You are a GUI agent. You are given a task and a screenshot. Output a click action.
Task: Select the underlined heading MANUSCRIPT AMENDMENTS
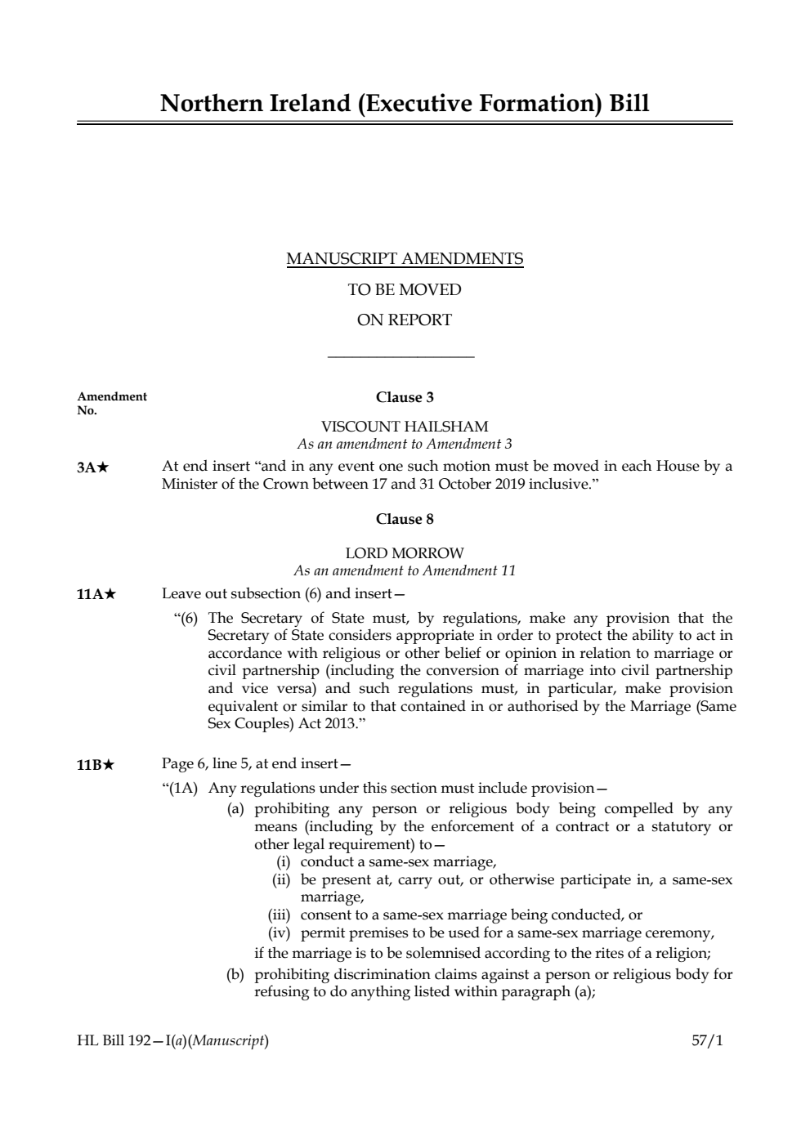pos(405,259)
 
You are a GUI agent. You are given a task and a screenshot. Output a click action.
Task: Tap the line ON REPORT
pos(405,320)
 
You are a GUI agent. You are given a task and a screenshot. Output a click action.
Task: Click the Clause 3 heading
pos(405,397)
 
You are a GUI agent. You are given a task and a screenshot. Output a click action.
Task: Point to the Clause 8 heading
pos(405,519)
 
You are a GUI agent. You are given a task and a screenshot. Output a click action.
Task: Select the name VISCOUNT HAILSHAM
pos(405,427)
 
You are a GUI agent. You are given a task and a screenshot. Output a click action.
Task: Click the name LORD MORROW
pos(405,553)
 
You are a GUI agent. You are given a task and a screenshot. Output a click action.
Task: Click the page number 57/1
pos(707,1040)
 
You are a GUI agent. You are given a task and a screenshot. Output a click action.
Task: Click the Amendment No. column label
pos(111,403)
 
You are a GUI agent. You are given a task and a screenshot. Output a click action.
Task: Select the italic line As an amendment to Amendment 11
pos(405,570)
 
